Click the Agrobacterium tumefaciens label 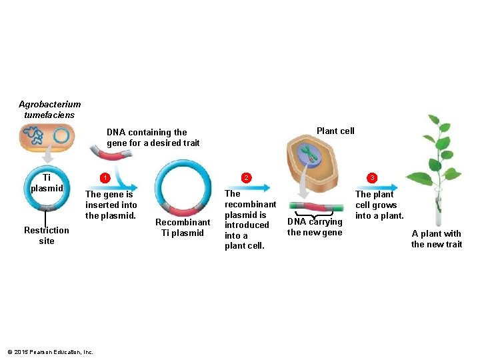(50, 109)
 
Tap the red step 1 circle (104, 178)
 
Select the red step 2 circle (246, 177)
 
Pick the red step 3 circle (373, 177)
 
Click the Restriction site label (47, 235)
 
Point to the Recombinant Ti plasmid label (182, 227)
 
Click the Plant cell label (335, 131)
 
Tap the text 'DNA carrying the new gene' (315, 227)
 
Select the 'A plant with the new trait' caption (437, 239)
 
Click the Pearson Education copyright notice (50, 352)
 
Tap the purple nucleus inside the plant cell (309, 154)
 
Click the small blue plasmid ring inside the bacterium (61, 136)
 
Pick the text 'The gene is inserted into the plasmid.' (111, 205)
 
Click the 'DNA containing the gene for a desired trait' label (153, 137)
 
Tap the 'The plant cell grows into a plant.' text (379, 205)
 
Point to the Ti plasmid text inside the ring (47, 183)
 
